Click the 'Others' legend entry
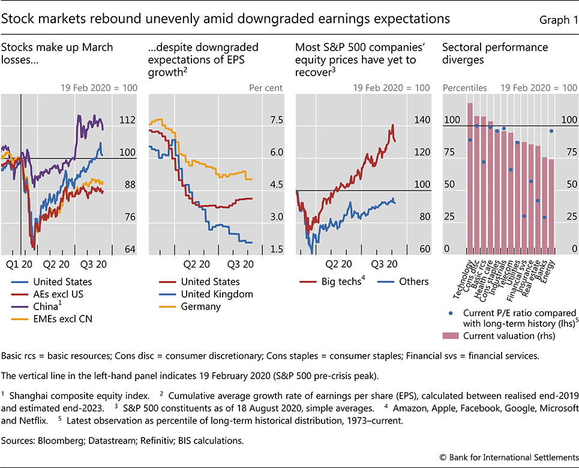[414, 281]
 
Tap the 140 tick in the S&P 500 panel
[422, 121]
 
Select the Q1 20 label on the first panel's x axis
[19, 263]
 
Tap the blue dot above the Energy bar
[551, 131]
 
